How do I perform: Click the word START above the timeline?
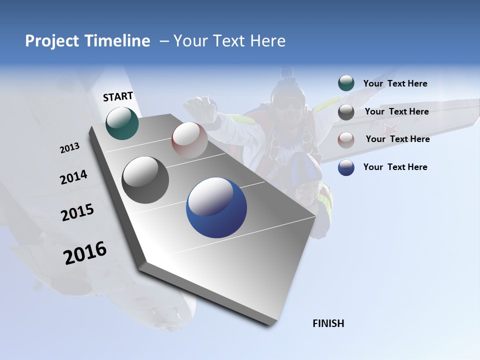coord(118,96)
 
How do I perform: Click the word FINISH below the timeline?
coord(328,323)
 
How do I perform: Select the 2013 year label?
coord(69,148)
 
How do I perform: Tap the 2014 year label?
coord(73,177)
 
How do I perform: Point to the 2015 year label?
coord(77,212)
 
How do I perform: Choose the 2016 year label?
coord(85,253)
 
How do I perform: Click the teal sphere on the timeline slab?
coord(122,123)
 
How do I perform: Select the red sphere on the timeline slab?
coord(189,140)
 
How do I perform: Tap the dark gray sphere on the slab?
coord(145,180)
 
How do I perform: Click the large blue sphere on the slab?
coord(216,207)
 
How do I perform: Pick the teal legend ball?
coord(346,83)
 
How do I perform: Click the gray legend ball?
coord(346,112)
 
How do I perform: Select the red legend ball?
coord(346,139)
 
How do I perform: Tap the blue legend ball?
coord(346,167)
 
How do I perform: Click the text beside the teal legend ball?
coord(395,83)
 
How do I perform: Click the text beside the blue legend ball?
coord(395,167)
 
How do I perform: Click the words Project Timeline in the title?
coord(87,41)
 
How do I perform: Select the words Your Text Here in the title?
coord(229,41)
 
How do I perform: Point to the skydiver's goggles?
coord(289,104)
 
